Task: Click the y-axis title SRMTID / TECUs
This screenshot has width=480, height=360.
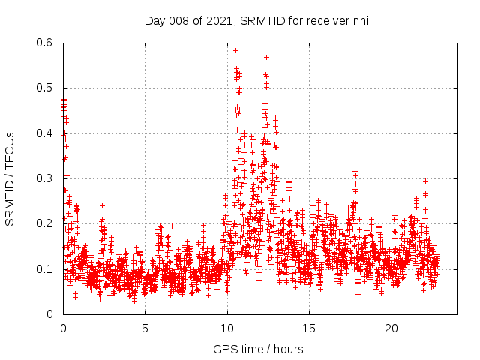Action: pos(10,178)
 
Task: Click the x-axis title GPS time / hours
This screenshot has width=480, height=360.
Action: pos(258,349)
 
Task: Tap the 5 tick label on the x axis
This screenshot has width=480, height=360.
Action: pos(145,328)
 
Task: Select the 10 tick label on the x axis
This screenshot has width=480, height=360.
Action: pos(227,328)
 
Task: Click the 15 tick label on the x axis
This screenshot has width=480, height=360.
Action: pos(310,328)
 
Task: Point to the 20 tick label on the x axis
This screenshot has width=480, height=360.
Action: pos(391,328)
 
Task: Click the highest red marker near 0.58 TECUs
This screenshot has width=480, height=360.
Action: pos(235,51)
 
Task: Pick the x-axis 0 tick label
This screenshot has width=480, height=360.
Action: pos(64,328)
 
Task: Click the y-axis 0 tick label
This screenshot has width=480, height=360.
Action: pos(50,313)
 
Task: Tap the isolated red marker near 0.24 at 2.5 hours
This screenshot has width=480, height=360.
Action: pos(102,205)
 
